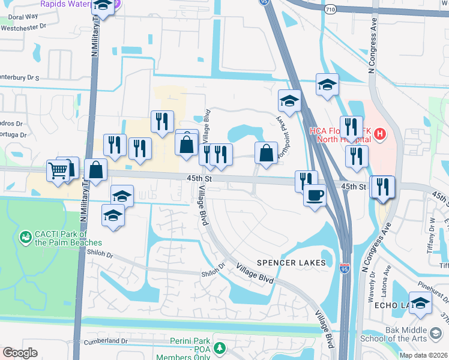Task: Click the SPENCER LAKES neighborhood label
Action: pyautogui.click(x=291, y=263)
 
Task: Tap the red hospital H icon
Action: pyautogui.click(x=379, y=136)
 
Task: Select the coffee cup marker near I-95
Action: pyautogui.click(x=315, y=195)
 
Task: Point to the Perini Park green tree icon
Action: pyautogui.click(x=220, y=348)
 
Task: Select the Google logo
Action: pyautogui.click(x=20, y=353)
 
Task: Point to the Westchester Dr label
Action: pyautogui.click(x=26, y=26)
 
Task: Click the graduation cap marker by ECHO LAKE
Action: pyautogui.click(x=420, y=303)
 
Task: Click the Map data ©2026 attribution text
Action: pyautogui.click(x=423, y=355)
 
